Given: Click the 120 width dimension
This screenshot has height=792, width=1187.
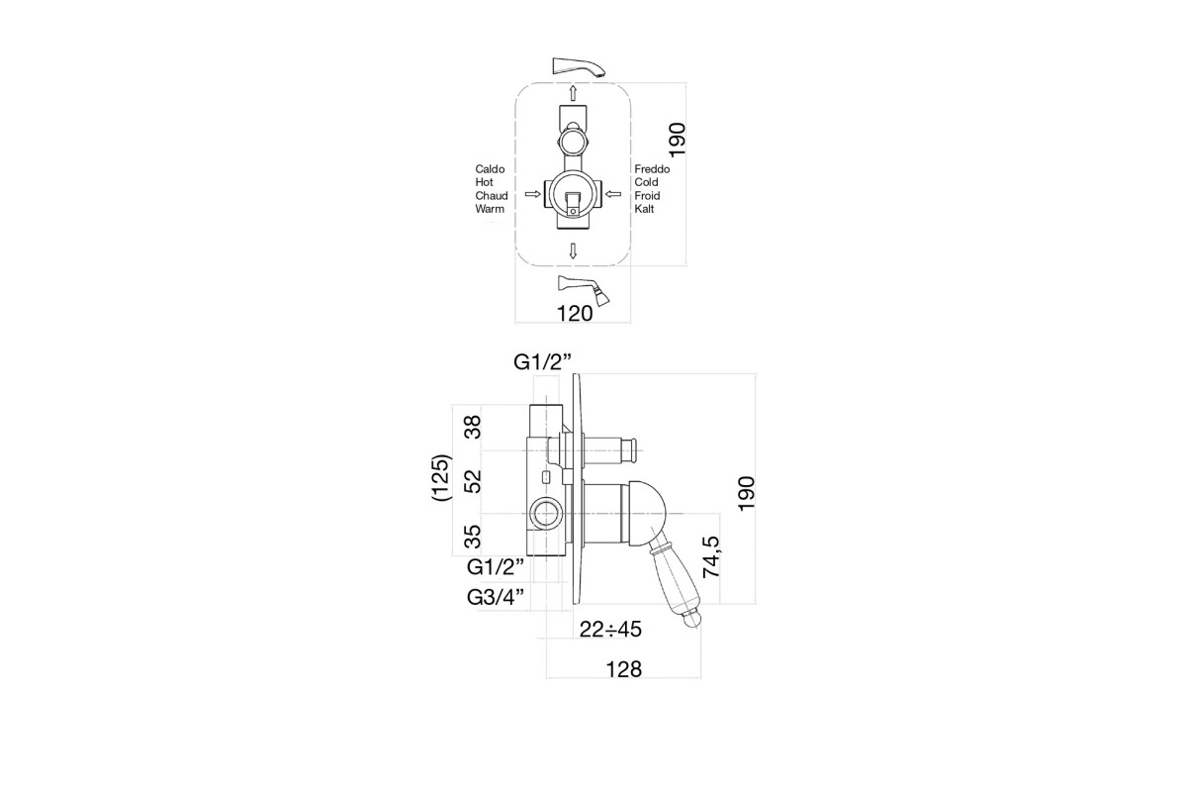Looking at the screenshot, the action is [575, 314].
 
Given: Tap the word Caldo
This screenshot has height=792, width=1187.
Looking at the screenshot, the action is [490, 169].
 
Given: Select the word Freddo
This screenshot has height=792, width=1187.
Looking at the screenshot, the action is [652, 169].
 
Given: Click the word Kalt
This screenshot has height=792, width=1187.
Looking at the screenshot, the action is [644, 209].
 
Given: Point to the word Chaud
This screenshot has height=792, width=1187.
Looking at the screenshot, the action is [492, 196].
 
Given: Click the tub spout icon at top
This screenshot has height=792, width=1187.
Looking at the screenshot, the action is [580, 67].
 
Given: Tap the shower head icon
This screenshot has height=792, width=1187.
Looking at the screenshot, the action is [583, 290].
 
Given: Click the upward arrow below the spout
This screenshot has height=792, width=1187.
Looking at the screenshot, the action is [573, 93].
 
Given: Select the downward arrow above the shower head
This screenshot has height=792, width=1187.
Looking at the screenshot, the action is [573, 250].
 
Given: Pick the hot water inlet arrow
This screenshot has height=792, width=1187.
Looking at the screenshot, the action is [532, 194].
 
